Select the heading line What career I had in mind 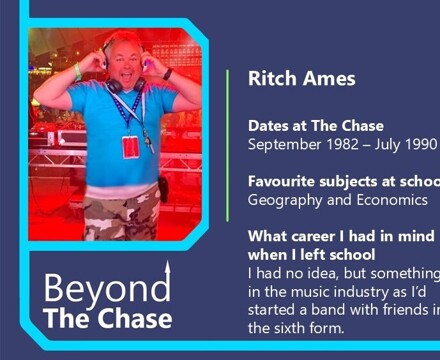tap(341, 236)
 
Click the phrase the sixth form tap(295, 327)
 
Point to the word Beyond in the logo tap(104, 290)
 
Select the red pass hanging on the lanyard tap(130, 146)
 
